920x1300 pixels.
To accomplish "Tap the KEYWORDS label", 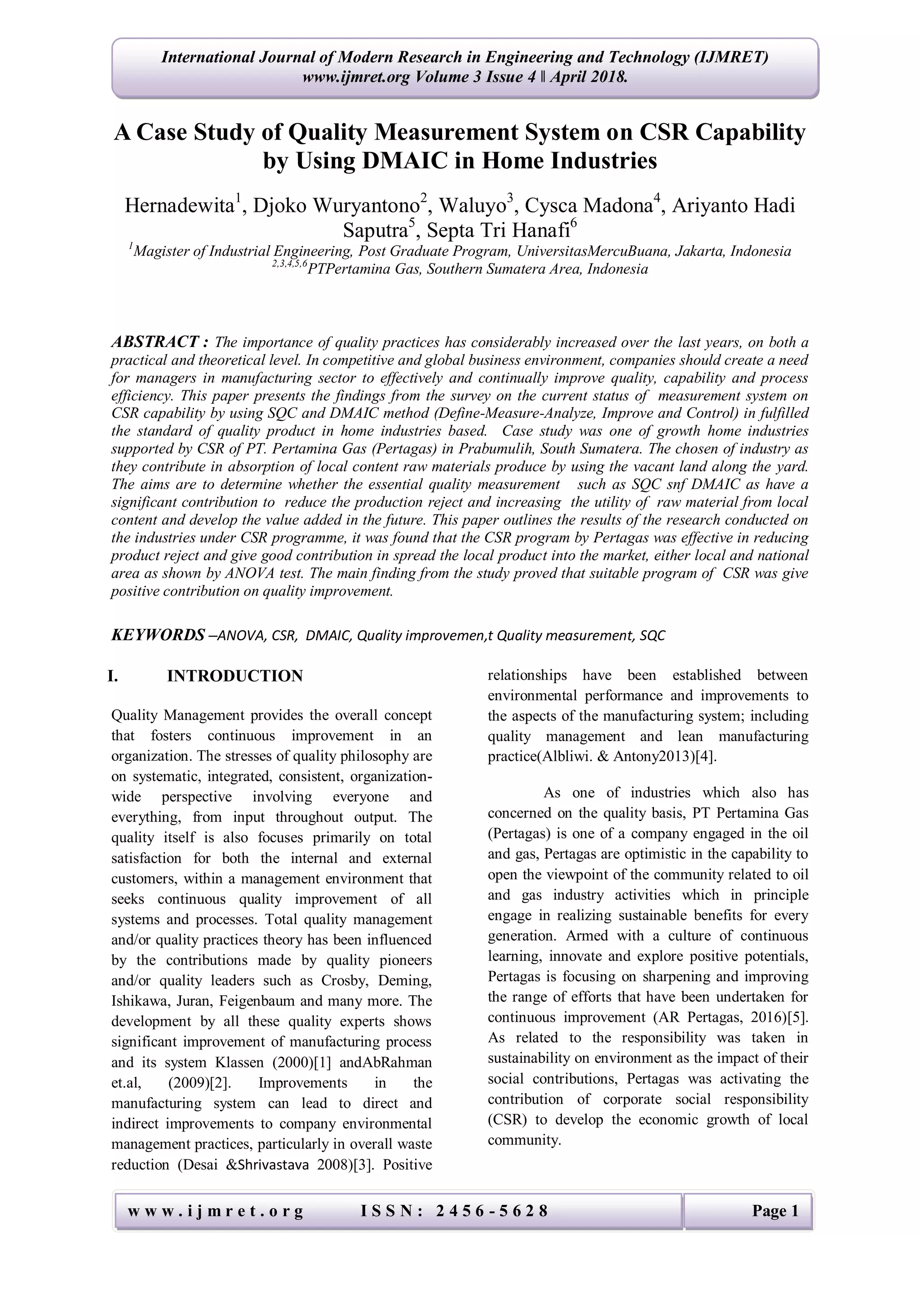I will point(158,635).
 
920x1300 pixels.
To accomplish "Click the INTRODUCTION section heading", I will point(234,676).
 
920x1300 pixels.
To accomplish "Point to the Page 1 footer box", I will point(774,1211).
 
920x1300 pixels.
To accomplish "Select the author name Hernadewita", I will point(179,205).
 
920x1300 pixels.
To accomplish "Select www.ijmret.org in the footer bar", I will point(215,1211).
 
